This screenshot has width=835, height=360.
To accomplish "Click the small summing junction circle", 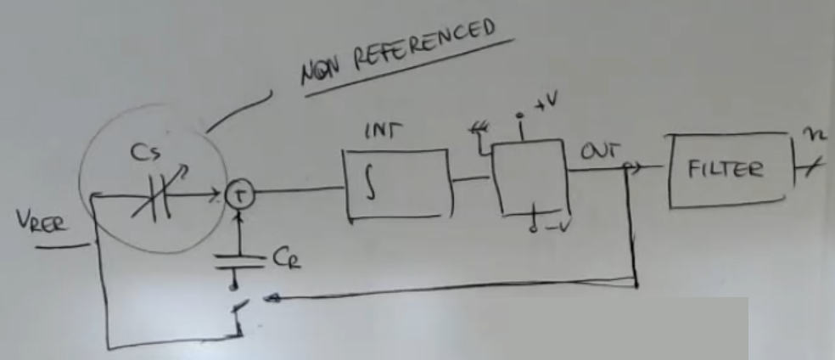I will (238, 196).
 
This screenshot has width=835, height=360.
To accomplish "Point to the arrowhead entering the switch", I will (270, 297).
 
